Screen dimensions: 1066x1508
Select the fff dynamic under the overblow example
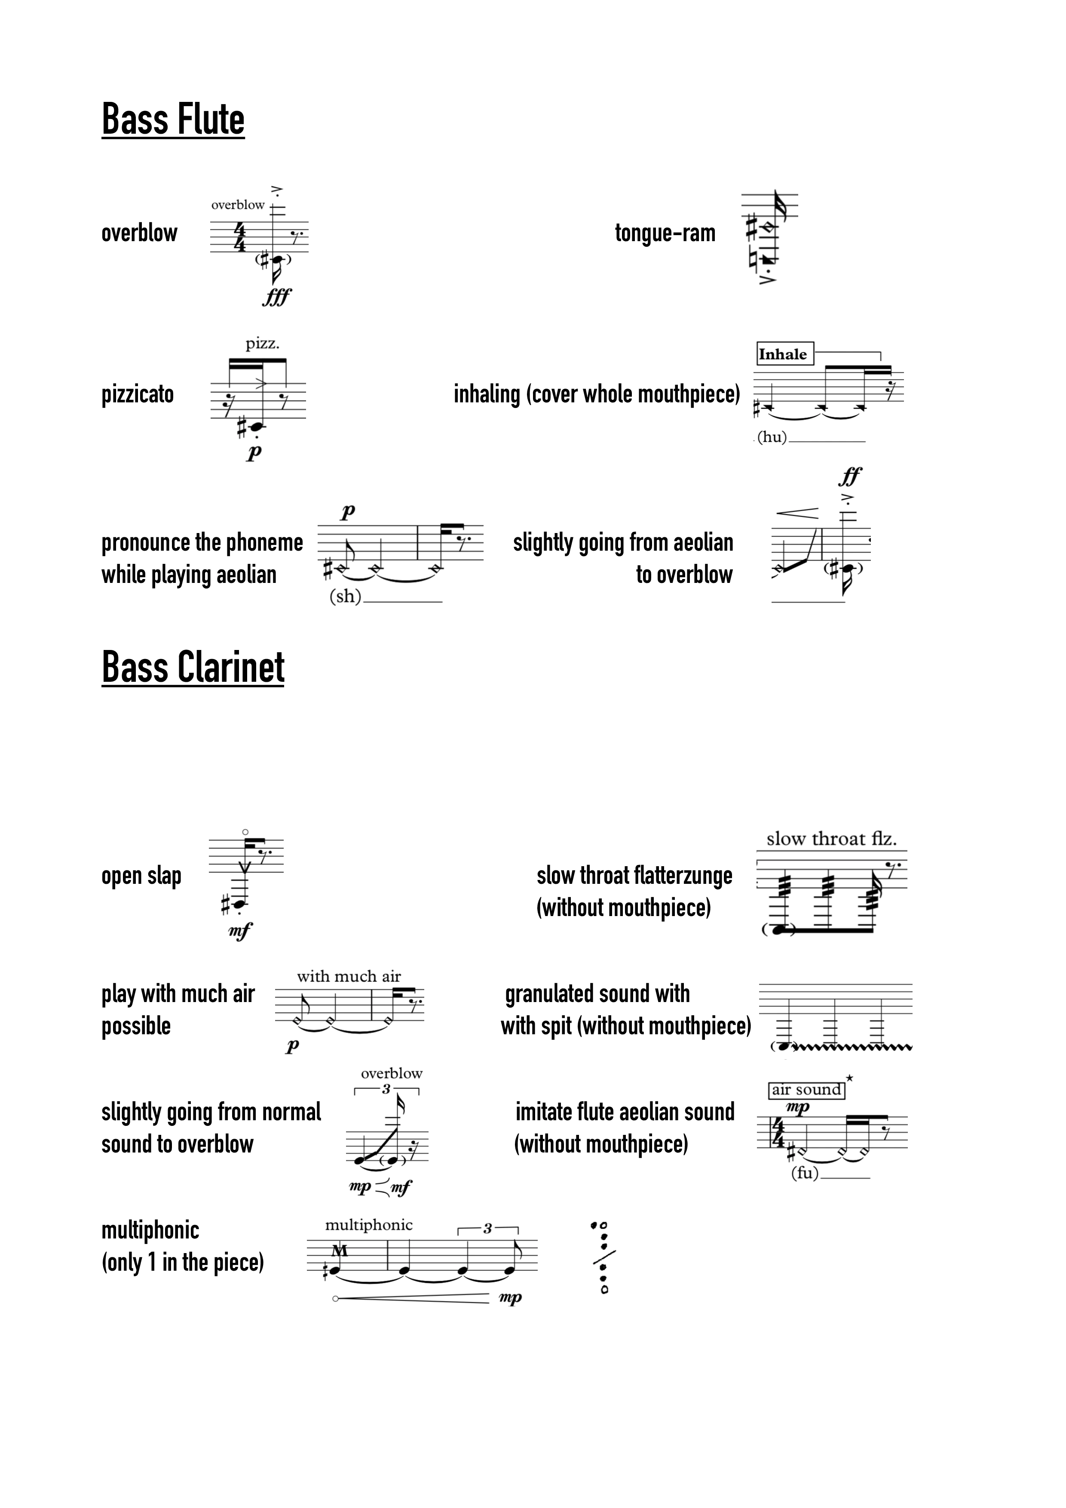(x=276, y=297)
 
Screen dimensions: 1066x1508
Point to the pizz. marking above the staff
(x=263, y=343)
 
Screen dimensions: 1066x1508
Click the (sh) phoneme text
(x=346, y=596)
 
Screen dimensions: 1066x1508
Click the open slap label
(x=141, y=876)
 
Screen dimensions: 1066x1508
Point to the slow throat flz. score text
(x=831, y=839)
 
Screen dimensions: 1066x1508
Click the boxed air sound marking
(x=806, y=1090)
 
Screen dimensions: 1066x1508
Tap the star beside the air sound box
(x=849, y=1078)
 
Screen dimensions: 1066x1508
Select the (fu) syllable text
(x=805, y=1173)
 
